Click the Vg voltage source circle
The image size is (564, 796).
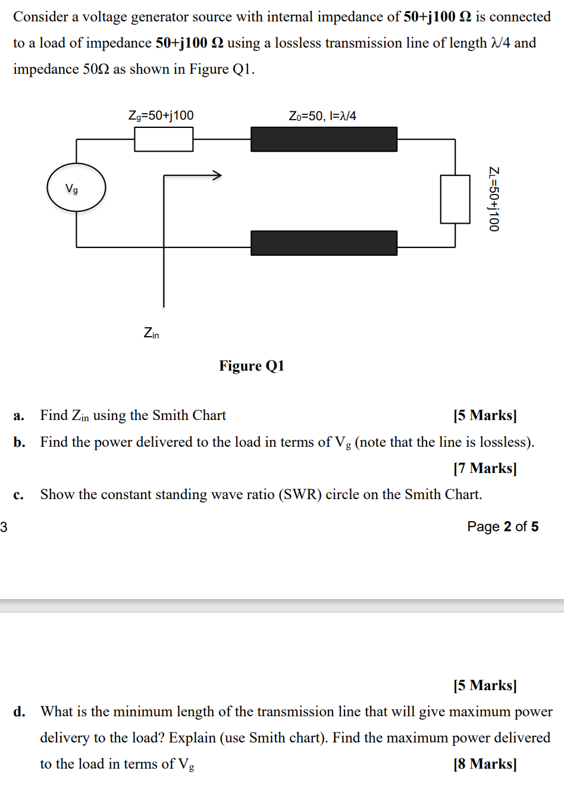point(76,187)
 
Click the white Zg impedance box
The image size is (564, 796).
point(164,139)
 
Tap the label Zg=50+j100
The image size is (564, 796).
point(161,115)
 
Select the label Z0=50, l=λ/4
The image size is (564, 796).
point(322,116)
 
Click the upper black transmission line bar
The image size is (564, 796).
point(324,139)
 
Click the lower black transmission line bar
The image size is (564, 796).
point(324,243)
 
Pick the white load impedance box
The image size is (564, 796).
point(455,199)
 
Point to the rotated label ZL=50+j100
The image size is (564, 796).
point(493,199)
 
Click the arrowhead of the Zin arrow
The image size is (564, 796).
point(217,175)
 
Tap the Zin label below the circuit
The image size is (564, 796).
point(151,333)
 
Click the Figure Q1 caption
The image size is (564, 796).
point(252,365)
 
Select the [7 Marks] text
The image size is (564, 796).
point(485,468)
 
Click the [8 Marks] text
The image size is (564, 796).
point(485,763)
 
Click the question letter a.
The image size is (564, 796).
point(18,415)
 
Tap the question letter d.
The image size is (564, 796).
point(19,712)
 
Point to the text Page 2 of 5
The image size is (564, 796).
point(503,527)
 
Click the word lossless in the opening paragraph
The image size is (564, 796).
point(296,43)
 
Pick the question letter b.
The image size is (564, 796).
point(19,442)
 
